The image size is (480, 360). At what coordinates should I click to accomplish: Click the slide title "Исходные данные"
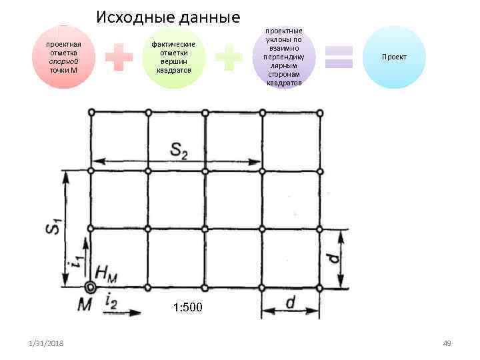click(167, 17)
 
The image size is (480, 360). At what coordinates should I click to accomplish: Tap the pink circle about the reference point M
click(63, 57)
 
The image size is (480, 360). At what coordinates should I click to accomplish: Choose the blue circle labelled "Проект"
click(394, 57)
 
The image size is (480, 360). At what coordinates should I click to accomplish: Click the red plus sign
click(119, 59)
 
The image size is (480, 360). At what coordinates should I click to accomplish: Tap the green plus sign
click(229, 59)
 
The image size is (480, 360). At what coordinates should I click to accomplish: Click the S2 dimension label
click(179, 150)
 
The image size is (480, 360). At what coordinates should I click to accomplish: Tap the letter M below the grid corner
click(85, 305)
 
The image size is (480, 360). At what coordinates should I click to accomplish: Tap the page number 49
click(447, 343)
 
